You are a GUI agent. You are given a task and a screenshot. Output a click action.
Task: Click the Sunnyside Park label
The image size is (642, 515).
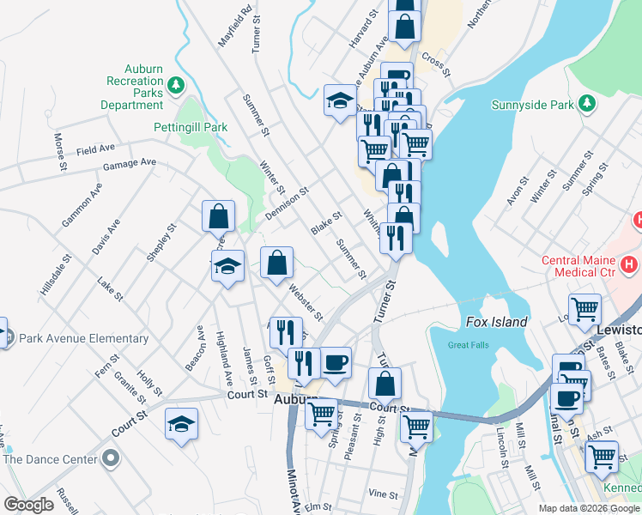[x=532, y=106]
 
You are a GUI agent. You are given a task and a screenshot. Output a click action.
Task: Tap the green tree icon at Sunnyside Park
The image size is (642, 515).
[x=587, y=104]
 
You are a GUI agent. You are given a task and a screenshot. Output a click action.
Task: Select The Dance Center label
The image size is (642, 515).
[x=50, y=458]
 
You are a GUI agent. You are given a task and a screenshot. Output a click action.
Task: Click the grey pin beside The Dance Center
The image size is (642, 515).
[x=110, y=458]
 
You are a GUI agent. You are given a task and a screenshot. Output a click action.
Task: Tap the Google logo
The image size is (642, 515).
[x=29, y=505]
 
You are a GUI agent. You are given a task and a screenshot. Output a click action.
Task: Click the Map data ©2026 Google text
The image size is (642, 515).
[x=589, y=508]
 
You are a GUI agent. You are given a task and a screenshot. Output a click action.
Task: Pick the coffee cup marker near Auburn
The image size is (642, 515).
[x=336, y=361]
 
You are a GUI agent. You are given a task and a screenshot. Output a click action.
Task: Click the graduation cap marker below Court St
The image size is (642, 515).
[x=181, y=426]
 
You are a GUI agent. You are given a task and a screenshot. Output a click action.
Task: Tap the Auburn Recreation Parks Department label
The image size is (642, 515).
[x=132, y=87]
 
